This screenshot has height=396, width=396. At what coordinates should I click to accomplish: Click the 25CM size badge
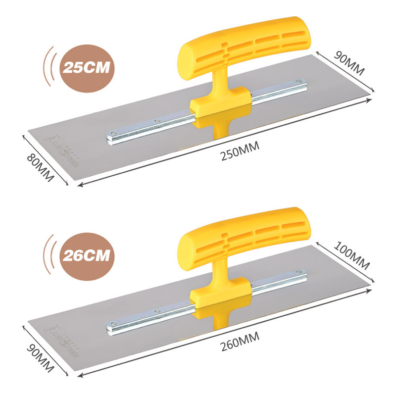85,67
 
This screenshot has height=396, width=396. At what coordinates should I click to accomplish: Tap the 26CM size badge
85,256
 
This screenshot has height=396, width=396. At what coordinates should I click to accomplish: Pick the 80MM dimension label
40,166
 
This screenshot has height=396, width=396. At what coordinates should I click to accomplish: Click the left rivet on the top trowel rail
114,133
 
